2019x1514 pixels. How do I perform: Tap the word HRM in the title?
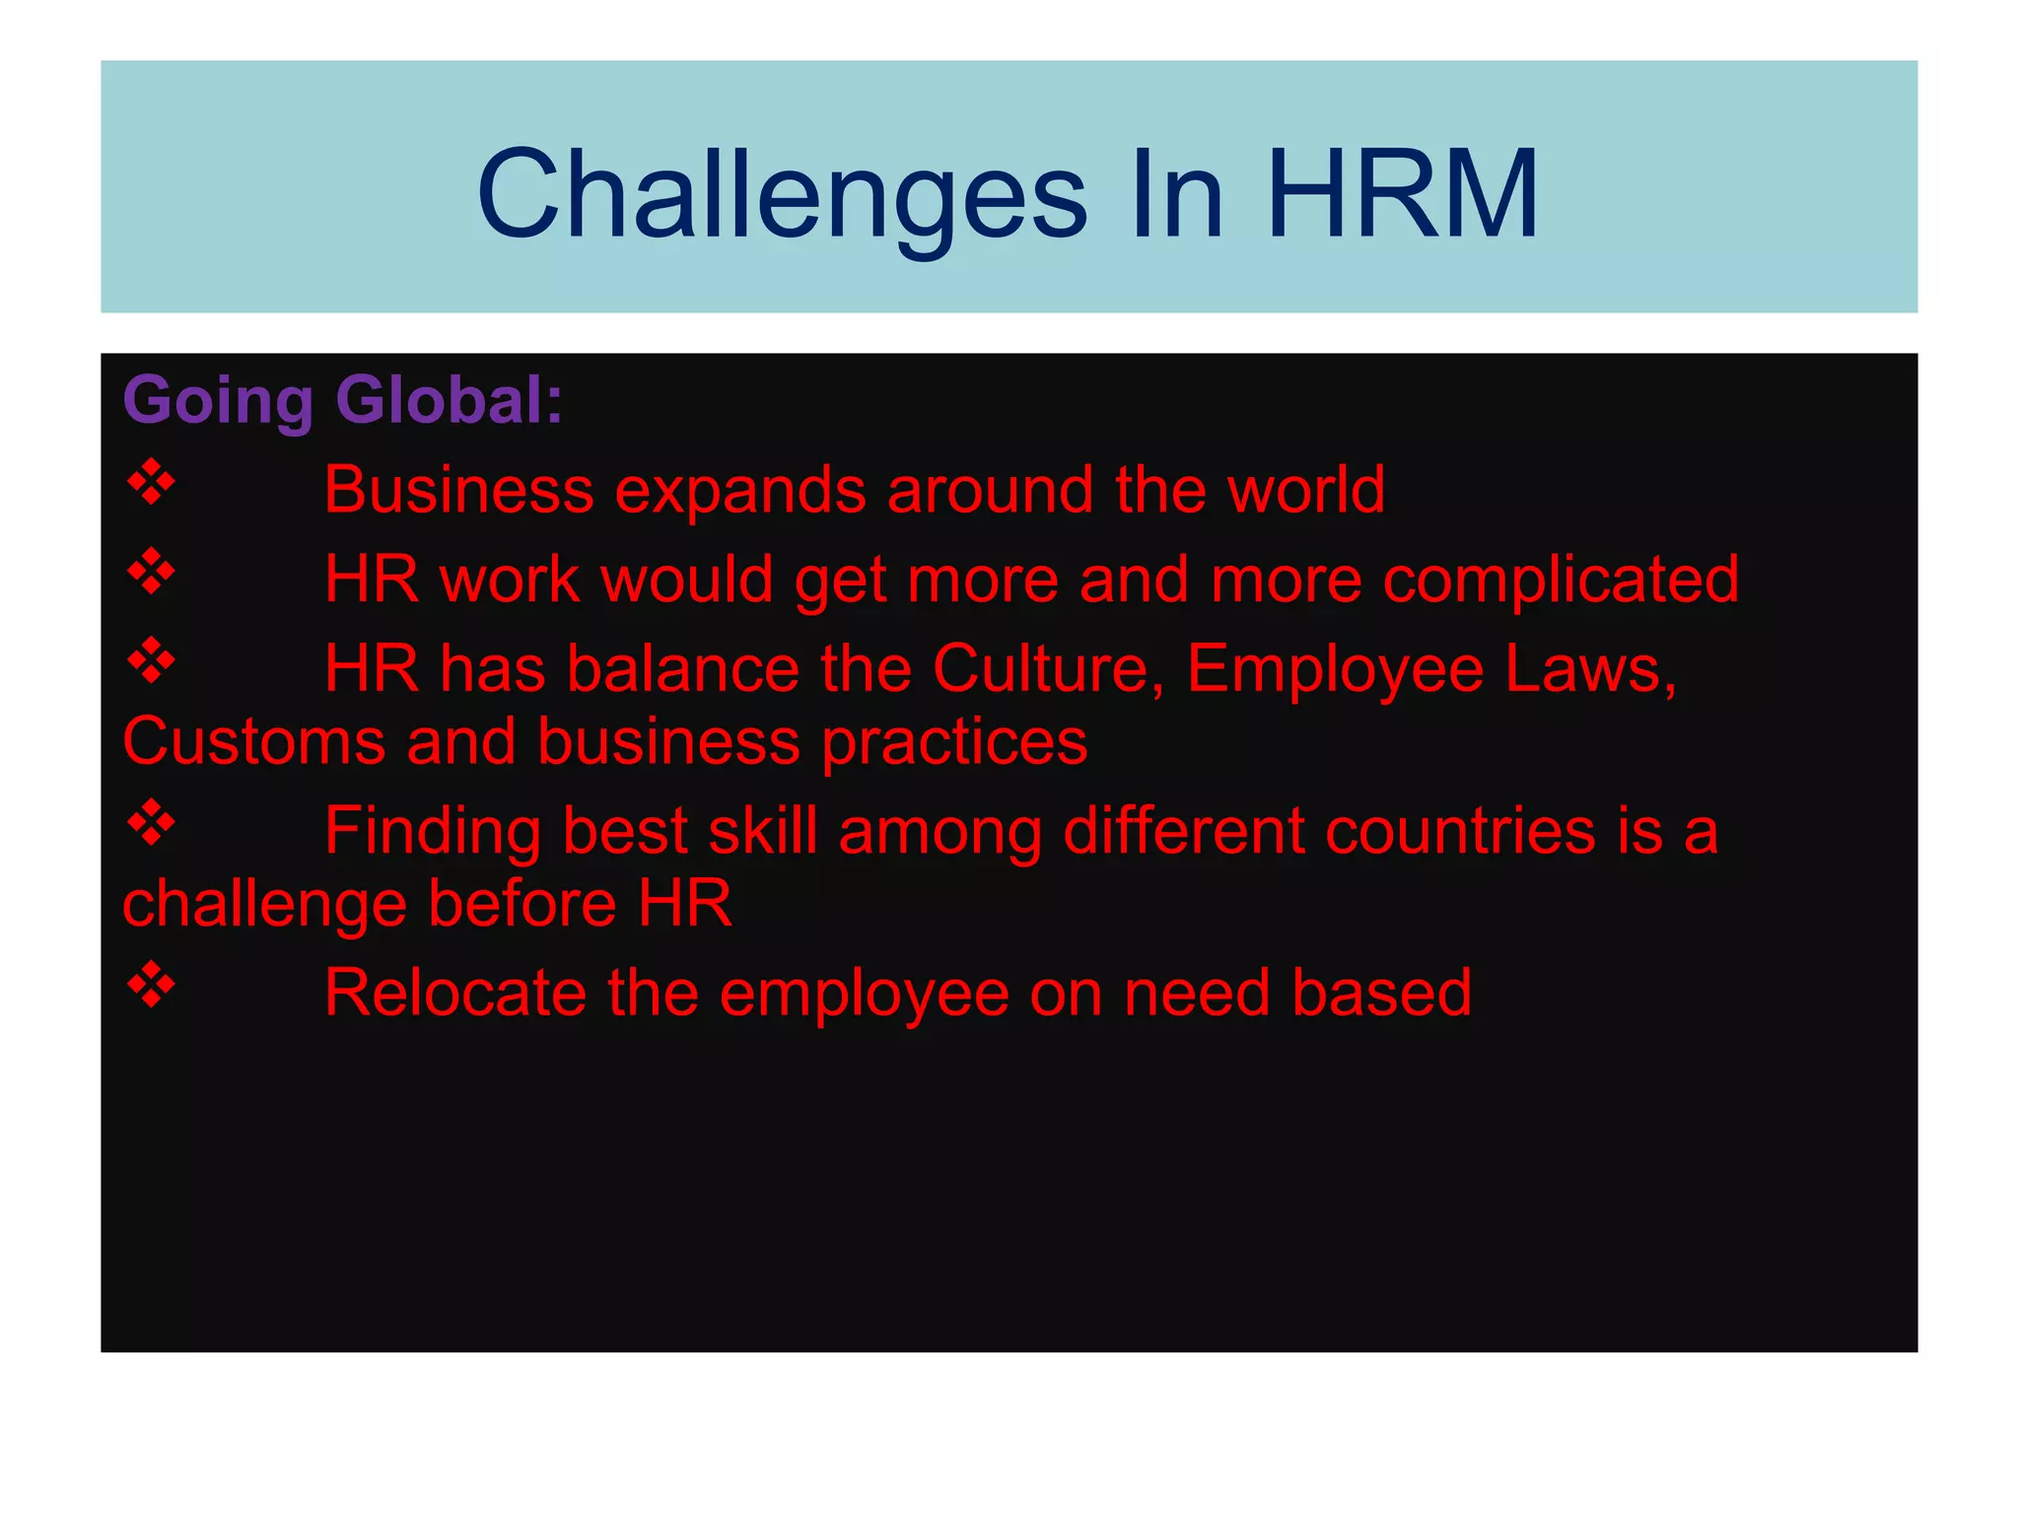coord(1402,194)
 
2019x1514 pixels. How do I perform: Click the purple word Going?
coord(218,401)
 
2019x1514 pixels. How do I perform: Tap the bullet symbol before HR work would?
coord(152,572)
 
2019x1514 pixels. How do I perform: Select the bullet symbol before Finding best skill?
coord(152,823)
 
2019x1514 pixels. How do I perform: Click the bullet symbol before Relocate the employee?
coord(152,985)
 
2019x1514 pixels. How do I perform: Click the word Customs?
coord(253,741)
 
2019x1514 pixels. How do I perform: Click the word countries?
coord(1459,831)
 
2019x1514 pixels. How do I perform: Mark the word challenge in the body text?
coord(264,905)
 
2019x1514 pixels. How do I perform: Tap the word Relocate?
coord(455,993)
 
